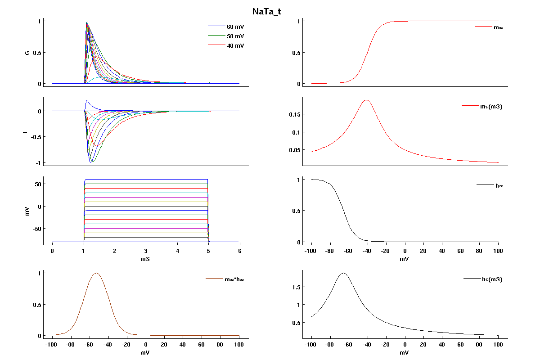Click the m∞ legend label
[x=498, y=27]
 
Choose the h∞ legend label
[x=499, y=185]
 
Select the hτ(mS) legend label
[x=492, y=279]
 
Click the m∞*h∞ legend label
[x=234, y=279]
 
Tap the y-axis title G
[x=27, y=53]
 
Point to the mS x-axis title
[x=145, y=259]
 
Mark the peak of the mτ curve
[x=366, y=100]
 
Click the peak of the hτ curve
[x=344, y=273]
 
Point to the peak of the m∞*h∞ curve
[x=96, y=273]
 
